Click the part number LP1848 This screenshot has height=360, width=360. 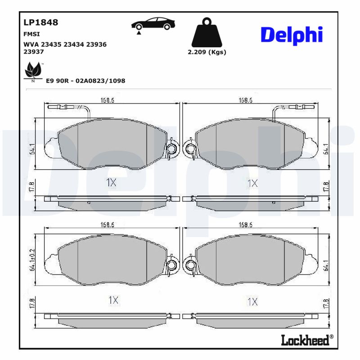(40, 22)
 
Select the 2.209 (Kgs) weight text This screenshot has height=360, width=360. (207, 52)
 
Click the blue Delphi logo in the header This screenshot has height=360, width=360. (292, 35)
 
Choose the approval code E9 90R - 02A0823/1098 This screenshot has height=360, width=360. (85, 81)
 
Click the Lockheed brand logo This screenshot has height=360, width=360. (305, 341)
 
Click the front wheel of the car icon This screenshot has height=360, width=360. (139, 27)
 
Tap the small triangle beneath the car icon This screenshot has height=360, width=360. (139, 33)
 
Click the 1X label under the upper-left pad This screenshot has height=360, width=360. (111, 183)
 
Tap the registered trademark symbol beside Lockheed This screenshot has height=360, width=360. (332, 337)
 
